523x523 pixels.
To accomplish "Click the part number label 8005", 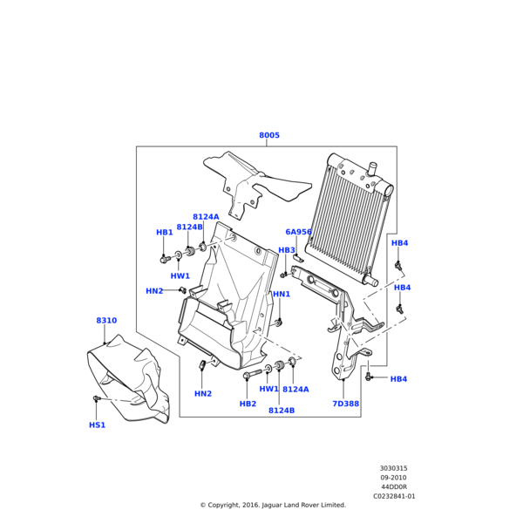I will tap(269, 136).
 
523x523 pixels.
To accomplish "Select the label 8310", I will tap(106, 321).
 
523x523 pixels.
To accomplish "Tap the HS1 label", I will tap(97, 425).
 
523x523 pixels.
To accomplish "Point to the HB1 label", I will tap(165, 233).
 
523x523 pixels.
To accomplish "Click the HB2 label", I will tap(248, 404).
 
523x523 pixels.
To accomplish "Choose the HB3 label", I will tap(287, 250).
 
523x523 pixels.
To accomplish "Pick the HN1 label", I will tap(282, 295).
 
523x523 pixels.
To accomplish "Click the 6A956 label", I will tap(299, 233).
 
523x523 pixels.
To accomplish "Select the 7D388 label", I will tap(345, 404).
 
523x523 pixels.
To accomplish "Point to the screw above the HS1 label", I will tap(97, 399).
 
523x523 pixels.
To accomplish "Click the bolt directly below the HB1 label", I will tap(165, 259).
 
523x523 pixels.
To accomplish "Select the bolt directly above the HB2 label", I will tap(248, 376).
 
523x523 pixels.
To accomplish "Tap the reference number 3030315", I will tap(393, 468).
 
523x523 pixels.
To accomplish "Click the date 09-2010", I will tap(393, 478).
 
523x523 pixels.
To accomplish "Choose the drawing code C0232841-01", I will tap(394, 496).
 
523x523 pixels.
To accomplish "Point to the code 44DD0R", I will tap(393, 486).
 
